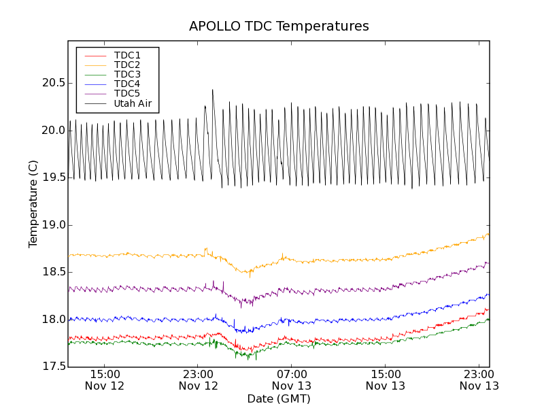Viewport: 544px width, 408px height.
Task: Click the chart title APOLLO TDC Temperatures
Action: pyautogui.click(x=279, y=27)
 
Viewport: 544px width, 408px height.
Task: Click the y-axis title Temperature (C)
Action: pyautogui.click(x=33, y=204)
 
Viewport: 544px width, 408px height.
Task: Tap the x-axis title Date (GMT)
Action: pyautogui.click(x=279, y=398)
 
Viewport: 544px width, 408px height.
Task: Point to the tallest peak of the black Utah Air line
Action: pyautogui.click(x=212, y=90)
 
